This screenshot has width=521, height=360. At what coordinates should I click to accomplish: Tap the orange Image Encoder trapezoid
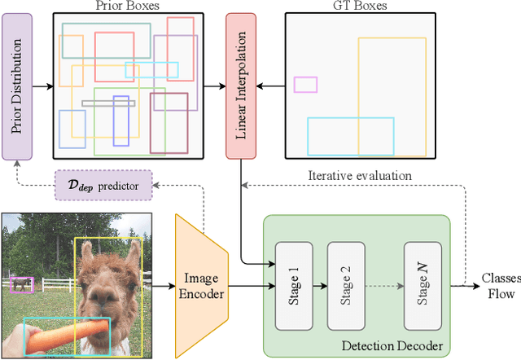tap(200, 285)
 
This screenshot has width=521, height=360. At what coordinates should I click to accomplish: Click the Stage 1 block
tap(292, 285)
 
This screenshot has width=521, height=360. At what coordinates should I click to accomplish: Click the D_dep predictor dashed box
tap(102, 185)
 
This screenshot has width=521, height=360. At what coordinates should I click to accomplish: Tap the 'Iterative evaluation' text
tap(359, 175)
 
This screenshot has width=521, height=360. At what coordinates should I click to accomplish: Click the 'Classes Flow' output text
tap(498, 284)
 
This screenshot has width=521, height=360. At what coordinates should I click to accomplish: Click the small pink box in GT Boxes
tap(305, 85)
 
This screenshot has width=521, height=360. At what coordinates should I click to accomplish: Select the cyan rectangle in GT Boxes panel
tap(350, 136)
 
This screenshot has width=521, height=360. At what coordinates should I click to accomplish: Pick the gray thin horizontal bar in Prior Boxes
tap(108, 103)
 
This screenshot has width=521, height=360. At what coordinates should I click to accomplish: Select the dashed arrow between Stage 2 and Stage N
tap(382, 285)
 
